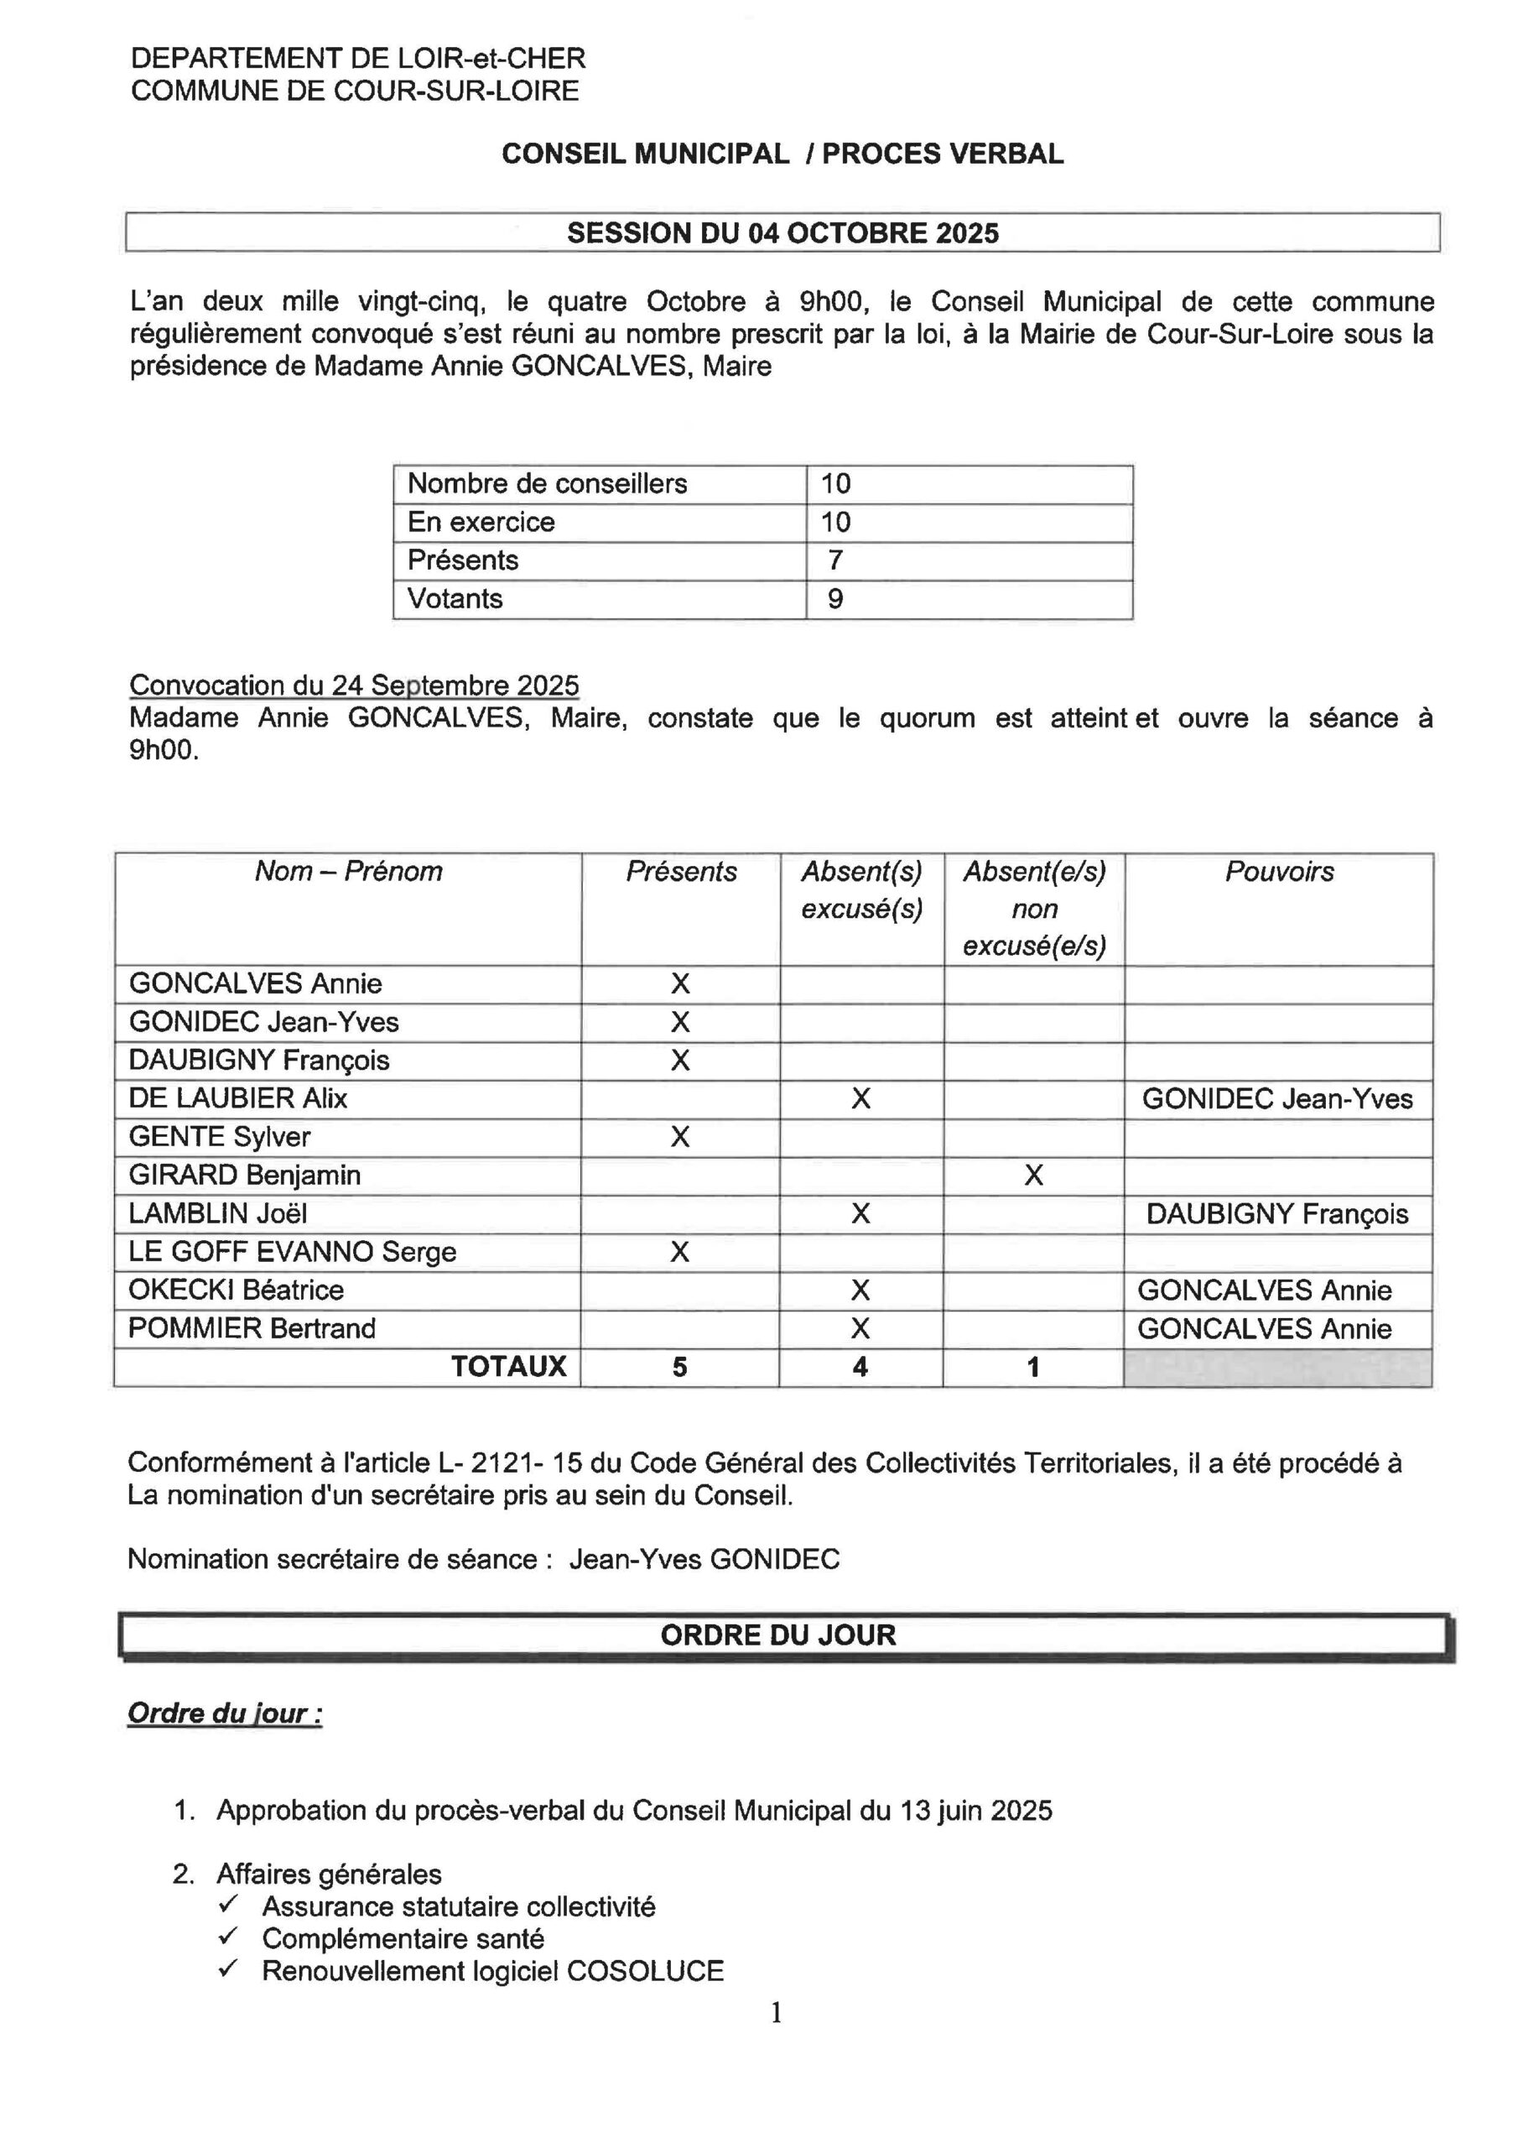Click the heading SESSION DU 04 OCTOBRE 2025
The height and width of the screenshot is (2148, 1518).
coord(782,233)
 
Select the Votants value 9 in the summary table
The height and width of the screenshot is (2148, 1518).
coord(835,599)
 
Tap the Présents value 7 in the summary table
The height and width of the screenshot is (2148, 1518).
coord(835,560)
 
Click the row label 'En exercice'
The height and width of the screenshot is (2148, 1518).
coord(481,522)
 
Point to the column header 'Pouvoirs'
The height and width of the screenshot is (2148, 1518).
coord(1279,872)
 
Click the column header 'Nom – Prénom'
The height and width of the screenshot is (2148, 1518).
coord(348,872)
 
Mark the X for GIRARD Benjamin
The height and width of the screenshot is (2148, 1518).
coord(1032,1175)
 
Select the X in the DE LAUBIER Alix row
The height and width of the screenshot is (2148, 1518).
coord(860,1098)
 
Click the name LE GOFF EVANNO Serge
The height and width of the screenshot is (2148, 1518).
coord(292,1252)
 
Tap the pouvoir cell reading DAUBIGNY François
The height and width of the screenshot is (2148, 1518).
coord(1276,1214)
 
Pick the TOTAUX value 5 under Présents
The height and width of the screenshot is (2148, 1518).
coord(680,1367)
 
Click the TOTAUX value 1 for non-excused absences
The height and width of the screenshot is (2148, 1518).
coord(1032,1367)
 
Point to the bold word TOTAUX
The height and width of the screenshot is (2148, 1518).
coord(509,1367)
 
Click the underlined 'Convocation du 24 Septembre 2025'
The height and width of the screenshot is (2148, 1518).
coord(354,686)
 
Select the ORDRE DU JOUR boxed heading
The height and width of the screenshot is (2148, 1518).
coord(778,1635)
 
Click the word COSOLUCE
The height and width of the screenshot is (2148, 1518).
coord(646,1971)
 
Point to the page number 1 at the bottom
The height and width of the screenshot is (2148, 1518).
coord(776,2013)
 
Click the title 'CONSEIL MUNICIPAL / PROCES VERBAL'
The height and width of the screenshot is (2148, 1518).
coord(782,154)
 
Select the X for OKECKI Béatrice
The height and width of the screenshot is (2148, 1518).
coord(860,1290)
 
